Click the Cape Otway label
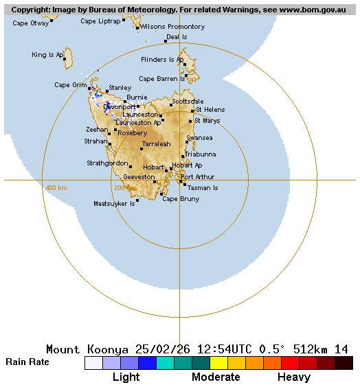pos(31,23)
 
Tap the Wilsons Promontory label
pos(172,27)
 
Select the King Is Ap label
pos(47,55)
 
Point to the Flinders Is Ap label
pos(162,60)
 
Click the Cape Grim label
pos(71,85)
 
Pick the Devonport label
pos(120,107)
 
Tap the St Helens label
pos(210,110)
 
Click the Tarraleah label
pos(156,144)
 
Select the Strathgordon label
pos(107,163)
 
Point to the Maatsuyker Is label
pos(114,204)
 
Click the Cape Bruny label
pos(181,199)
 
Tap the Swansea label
pos(199,138)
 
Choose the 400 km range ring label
pos(56,188)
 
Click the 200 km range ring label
pos(121,188)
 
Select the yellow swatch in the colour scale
pos(218,363)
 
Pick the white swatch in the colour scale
pos(93,363)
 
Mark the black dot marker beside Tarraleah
pos(142,148)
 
